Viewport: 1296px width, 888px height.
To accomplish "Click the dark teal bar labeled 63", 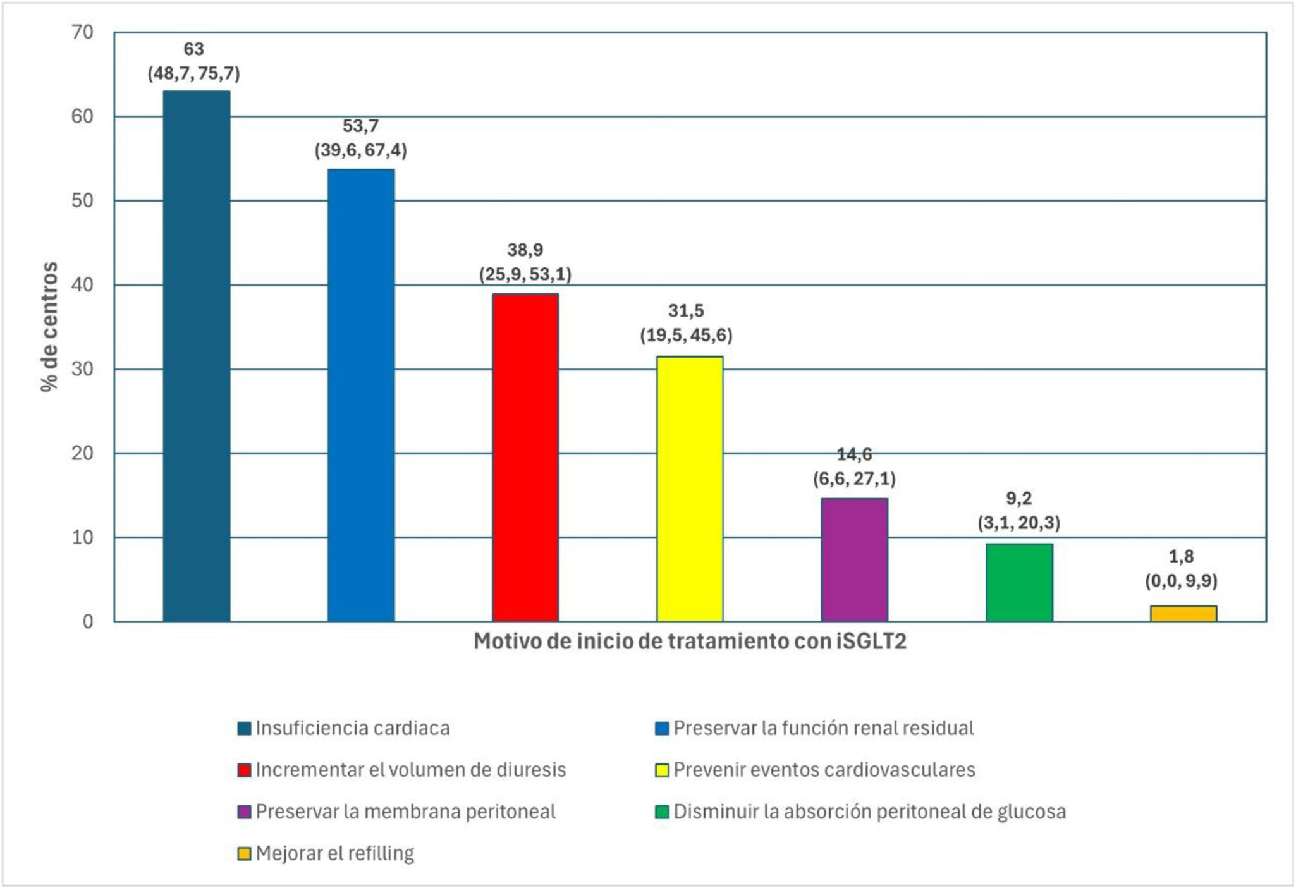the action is point(197,356).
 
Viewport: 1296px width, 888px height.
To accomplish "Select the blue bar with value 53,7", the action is point(361,396).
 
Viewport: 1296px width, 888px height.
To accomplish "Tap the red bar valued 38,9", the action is point(525,458).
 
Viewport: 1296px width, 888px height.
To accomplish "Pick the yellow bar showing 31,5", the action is point(690,489).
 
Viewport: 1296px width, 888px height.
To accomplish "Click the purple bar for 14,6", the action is point(855,560).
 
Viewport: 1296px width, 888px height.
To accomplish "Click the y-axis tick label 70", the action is point(82,32).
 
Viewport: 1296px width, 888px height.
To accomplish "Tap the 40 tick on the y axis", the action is point(82,285).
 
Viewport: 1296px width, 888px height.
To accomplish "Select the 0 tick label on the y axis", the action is point(88,622).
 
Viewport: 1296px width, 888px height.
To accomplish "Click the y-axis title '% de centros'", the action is point(49,327).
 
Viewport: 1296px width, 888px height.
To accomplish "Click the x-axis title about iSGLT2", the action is point(690,642).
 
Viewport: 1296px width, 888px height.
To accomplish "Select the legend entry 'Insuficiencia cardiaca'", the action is point(344,728).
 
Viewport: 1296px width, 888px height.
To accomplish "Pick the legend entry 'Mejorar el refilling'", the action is point(326,854).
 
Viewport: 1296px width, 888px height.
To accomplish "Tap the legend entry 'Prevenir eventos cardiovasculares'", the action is point(816,770).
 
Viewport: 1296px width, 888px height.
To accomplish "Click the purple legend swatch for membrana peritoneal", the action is point(244,812).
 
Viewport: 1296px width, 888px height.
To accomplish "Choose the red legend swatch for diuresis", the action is point(244,770).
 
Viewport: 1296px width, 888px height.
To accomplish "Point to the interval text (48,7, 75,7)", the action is point(194,74).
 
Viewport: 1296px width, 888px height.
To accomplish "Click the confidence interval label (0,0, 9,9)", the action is point(1182,581).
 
